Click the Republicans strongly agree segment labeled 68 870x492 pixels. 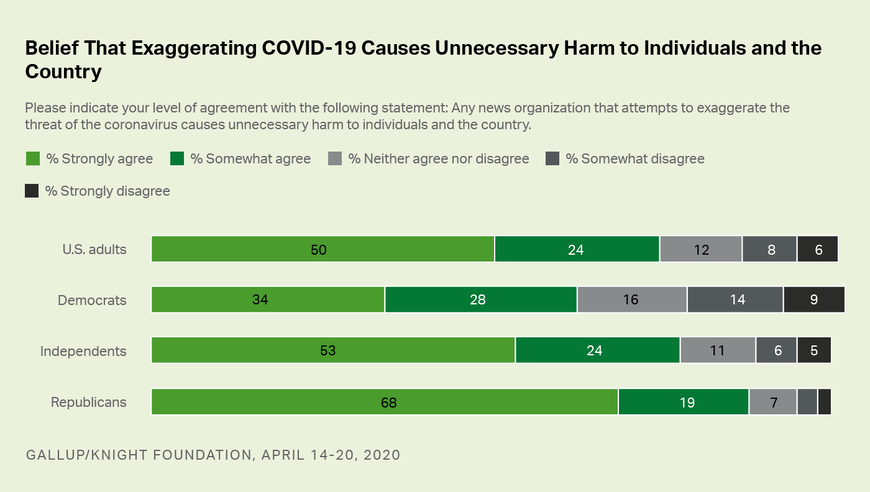coord(385,402)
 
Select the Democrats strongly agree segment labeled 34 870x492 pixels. coord(268,300)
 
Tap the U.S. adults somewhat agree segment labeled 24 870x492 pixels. coord(577,249)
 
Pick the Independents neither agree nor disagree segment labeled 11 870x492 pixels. coord(718,351)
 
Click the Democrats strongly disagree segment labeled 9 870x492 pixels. coord(814,300)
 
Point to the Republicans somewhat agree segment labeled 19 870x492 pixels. coord(684,402)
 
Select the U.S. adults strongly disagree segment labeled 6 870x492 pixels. coord(818,249)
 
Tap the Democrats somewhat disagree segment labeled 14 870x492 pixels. coord(735,300)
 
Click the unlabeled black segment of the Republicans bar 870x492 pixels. coord(825,402)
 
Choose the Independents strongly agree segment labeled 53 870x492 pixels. coord(333,351)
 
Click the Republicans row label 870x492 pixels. coord(88,402)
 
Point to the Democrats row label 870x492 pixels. coord(92,300)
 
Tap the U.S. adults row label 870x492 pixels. coord(94,249)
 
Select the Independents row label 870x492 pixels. coord(83,351)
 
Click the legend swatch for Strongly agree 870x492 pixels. coord(32,158)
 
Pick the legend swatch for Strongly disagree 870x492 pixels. coord(32,191)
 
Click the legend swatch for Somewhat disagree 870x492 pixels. coord(552,158)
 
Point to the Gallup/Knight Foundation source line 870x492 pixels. coord(213,454)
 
